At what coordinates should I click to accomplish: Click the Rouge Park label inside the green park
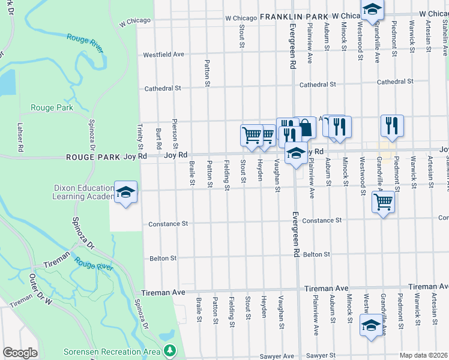54,108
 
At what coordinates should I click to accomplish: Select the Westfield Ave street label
164,55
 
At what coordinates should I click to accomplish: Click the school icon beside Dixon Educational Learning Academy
125,192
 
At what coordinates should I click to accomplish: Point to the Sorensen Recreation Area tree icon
170,350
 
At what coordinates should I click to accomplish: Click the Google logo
20,353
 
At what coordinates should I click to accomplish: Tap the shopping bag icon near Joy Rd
305,127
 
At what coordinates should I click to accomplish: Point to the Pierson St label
175,133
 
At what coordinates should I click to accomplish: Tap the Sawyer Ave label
277,356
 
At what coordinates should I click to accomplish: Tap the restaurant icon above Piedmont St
392,126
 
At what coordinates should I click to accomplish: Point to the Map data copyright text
424,355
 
